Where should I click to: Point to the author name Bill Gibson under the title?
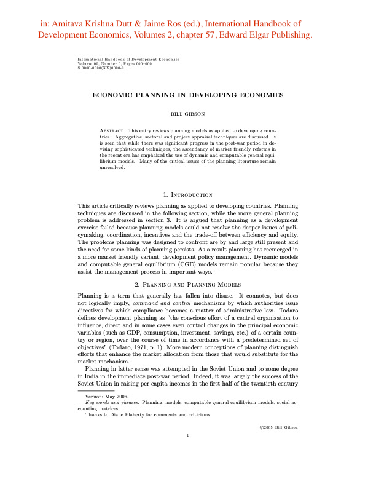pos(187,114)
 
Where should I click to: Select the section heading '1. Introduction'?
pos(187,195)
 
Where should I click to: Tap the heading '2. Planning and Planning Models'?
pos(187,303)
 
